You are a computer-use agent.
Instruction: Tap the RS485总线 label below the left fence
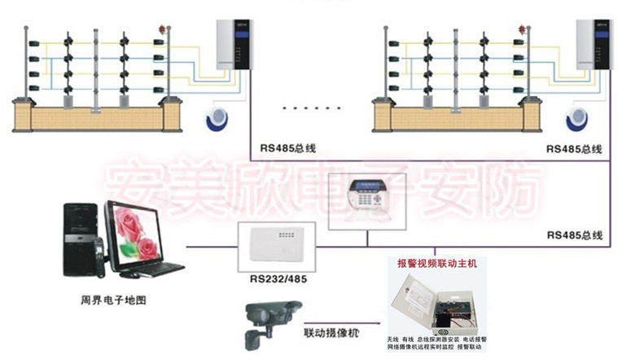(x=287, y=149)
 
